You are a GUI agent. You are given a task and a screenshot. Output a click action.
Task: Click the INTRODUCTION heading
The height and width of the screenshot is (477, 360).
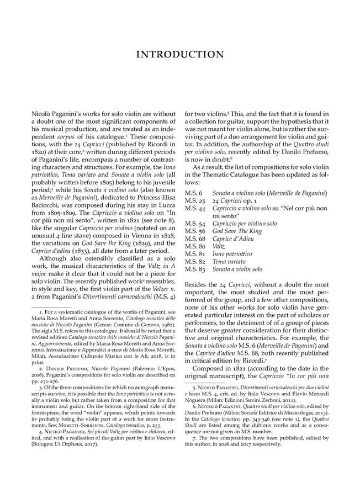[179, 55]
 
